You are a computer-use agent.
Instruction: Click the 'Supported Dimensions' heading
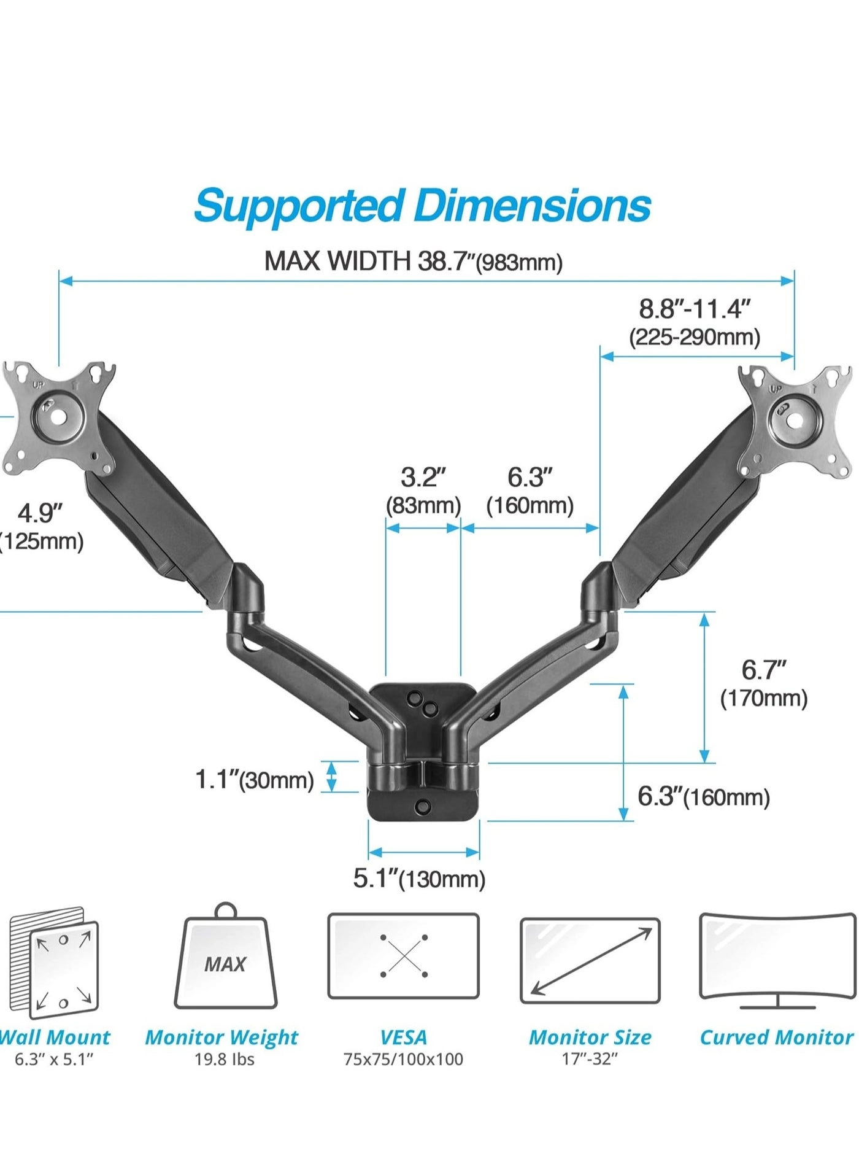coord(422,206)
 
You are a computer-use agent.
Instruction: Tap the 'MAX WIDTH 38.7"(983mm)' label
coord(413,262)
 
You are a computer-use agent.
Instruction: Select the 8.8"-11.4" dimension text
coord(695,309)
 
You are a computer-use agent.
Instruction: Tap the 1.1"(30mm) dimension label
coord(254,780)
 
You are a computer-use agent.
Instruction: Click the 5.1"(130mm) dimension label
coord(419,879)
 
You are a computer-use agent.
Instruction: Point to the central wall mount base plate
coord(423,752)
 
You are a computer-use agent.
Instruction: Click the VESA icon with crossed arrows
coord(403,956)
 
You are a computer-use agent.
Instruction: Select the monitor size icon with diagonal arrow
coord(590,961)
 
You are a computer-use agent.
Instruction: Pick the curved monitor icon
coord(777,960)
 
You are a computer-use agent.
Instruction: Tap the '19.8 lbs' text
coord(224,1059)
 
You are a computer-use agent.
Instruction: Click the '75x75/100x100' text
coord(403,1059)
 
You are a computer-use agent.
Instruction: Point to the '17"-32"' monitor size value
coord(590,1059)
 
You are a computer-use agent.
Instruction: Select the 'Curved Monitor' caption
coord(776,1037)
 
